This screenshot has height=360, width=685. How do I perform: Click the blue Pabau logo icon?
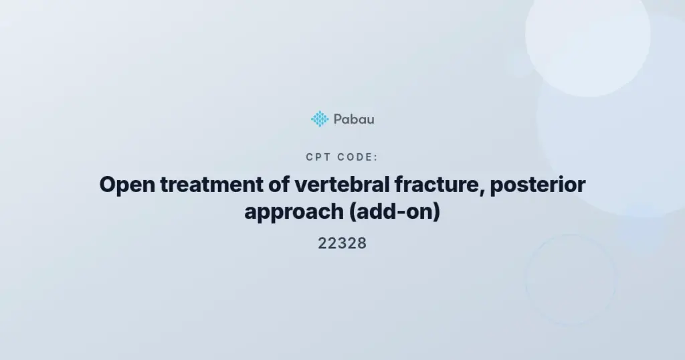pos(320,119)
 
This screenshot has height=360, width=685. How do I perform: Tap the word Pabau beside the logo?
pos(354,119)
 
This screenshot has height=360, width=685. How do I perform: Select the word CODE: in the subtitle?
pos(358,157)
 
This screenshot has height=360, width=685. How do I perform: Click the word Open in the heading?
pos(127,185)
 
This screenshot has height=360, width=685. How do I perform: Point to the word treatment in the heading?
pos(212,185)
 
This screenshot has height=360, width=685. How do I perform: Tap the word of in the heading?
pos(279,184)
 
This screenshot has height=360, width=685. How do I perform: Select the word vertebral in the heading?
pos(342,184)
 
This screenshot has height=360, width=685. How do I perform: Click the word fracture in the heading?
pos(438,184)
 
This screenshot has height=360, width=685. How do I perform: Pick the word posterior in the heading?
pos(538,185)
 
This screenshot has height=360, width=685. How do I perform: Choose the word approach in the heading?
pos(294,212)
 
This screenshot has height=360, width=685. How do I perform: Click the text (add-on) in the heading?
pos(395,211)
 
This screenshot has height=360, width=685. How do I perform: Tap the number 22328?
pos(342,244)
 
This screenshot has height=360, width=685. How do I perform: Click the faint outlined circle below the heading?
pos(571,235)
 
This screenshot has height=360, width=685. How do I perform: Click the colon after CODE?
pos(376,158)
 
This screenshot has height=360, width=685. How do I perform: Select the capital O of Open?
pos(108,184)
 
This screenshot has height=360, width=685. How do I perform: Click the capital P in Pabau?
pos(338,119)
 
